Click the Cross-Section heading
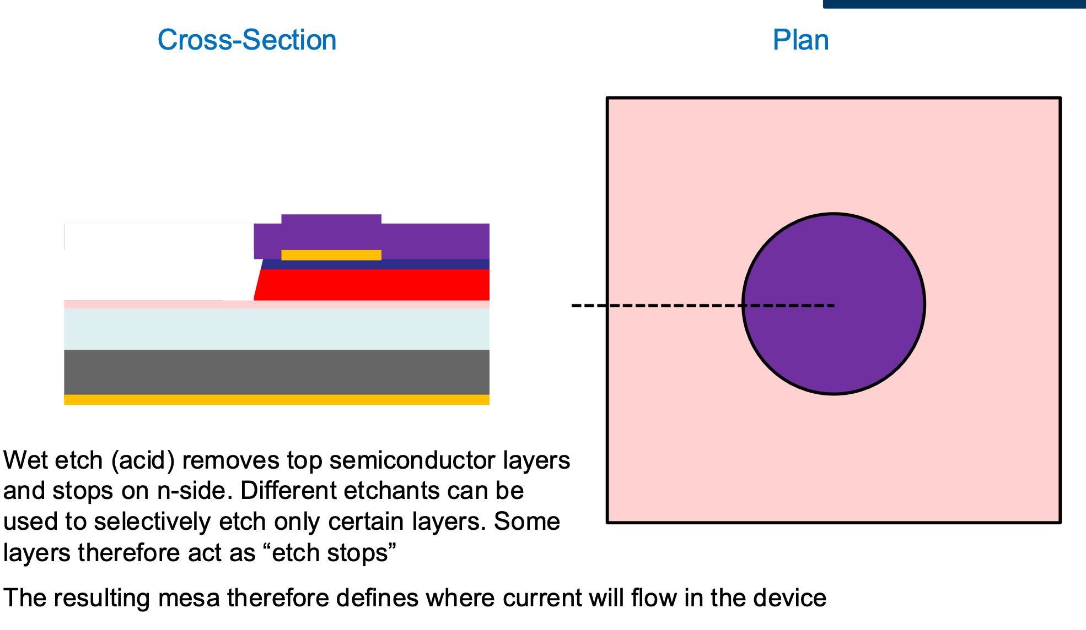point(246,40)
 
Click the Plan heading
point(800,40)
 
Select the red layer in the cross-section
point(375,285)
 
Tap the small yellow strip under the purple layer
point(331,255)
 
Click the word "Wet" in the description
point(25,460)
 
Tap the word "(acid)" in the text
point(143,460)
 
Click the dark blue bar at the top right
point(954,4)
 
